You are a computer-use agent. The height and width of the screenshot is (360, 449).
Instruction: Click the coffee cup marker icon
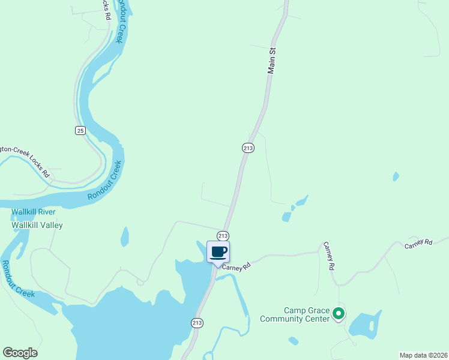click(218, 251)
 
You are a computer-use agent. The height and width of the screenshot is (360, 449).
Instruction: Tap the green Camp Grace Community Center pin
click(339, 313)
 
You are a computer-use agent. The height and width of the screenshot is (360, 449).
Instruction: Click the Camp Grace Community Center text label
click(295, 314)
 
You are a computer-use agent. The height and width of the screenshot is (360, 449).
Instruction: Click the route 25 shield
click(80, 130)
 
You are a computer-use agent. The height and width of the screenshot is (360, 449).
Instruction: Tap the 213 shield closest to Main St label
click(248, 148)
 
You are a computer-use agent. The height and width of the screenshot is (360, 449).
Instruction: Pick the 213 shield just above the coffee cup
click(223, 235)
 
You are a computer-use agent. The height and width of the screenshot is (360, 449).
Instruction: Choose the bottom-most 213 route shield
click(197, 323)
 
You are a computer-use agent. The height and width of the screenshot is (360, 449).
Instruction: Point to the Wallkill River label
click(34, 212)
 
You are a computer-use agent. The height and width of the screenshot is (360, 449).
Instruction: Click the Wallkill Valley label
click(37, 225)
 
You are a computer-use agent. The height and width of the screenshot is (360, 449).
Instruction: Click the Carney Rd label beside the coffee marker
click(235, 268)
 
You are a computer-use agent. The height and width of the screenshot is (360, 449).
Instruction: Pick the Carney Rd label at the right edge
click(418, 243)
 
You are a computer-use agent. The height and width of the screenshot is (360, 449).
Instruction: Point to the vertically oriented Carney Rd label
click(328, 256)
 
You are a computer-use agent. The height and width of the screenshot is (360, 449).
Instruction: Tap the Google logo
click(20, 353)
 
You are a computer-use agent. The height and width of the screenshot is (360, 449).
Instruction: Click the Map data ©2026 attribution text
click(423, 355)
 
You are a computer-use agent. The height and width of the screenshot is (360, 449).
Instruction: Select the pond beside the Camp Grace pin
click(364, 325)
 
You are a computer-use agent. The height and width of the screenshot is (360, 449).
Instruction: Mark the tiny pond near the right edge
click(395, 176)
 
